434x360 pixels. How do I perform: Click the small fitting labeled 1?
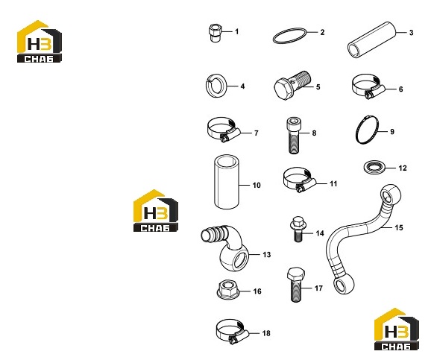[215, 33]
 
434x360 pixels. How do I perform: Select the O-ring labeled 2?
[290, 30]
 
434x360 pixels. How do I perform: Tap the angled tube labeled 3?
[372, 40]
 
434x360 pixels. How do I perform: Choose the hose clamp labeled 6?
[368, 86]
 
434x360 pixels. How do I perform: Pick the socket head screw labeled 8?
[293, 136]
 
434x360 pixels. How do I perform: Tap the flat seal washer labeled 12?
[374, 168]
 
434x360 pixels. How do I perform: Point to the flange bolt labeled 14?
[298, 229]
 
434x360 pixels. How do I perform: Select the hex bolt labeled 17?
[296, 285]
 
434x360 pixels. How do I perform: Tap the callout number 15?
[399, 228]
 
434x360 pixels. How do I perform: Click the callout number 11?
[333, 184]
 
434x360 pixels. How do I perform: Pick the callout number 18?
[266, 333]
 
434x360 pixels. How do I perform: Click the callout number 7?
[257, 133]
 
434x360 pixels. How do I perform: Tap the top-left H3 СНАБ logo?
[40, 42]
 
